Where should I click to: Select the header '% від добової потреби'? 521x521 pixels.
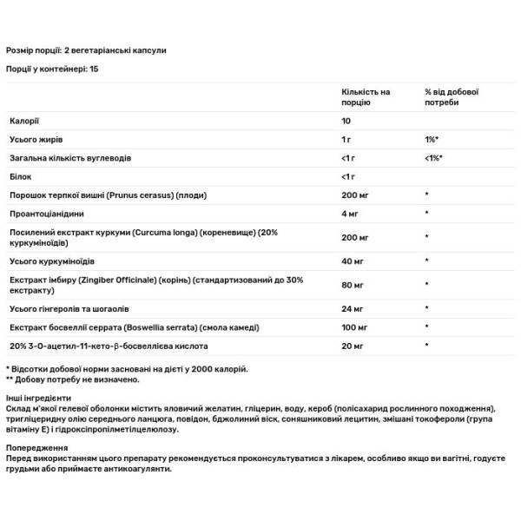452,96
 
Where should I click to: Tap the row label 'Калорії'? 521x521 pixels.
23,121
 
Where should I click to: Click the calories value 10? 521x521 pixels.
346,121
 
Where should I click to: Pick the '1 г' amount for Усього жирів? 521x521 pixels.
346,140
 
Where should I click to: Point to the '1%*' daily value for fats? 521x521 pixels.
432,140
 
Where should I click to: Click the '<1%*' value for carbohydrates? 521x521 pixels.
434,158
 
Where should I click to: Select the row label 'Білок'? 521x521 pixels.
21,177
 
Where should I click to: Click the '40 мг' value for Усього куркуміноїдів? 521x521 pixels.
352,260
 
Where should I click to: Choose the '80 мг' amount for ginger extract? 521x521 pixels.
352,284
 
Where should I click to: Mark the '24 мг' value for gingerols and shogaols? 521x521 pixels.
352,307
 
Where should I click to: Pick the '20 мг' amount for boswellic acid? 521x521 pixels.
352,345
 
